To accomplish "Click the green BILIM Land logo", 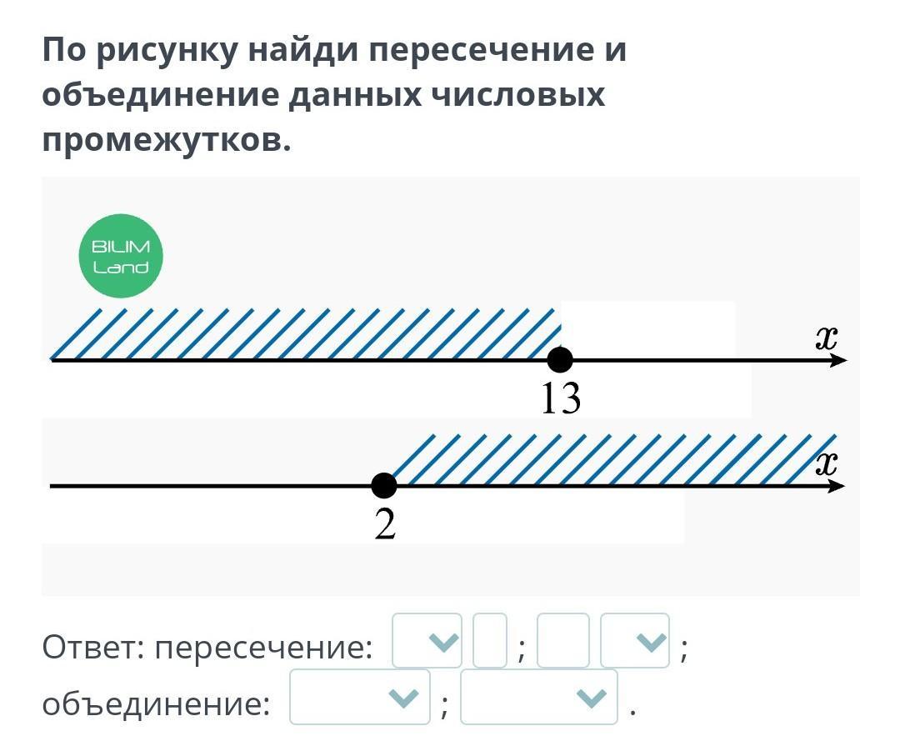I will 120,256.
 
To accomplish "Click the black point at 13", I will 560,360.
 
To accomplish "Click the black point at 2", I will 383,485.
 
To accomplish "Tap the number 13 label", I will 560,399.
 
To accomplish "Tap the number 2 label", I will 384,524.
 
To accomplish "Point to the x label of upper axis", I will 825,338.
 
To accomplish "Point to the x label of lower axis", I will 825,464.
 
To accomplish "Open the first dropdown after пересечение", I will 427,641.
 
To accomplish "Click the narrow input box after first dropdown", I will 490,641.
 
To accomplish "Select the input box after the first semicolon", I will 562,641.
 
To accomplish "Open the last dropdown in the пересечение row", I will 635,641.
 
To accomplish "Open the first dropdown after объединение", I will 360,697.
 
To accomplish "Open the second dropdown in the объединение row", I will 539,697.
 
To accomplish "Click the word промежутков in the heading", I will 167,139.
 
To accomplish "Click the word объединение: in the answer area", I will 157,704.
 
